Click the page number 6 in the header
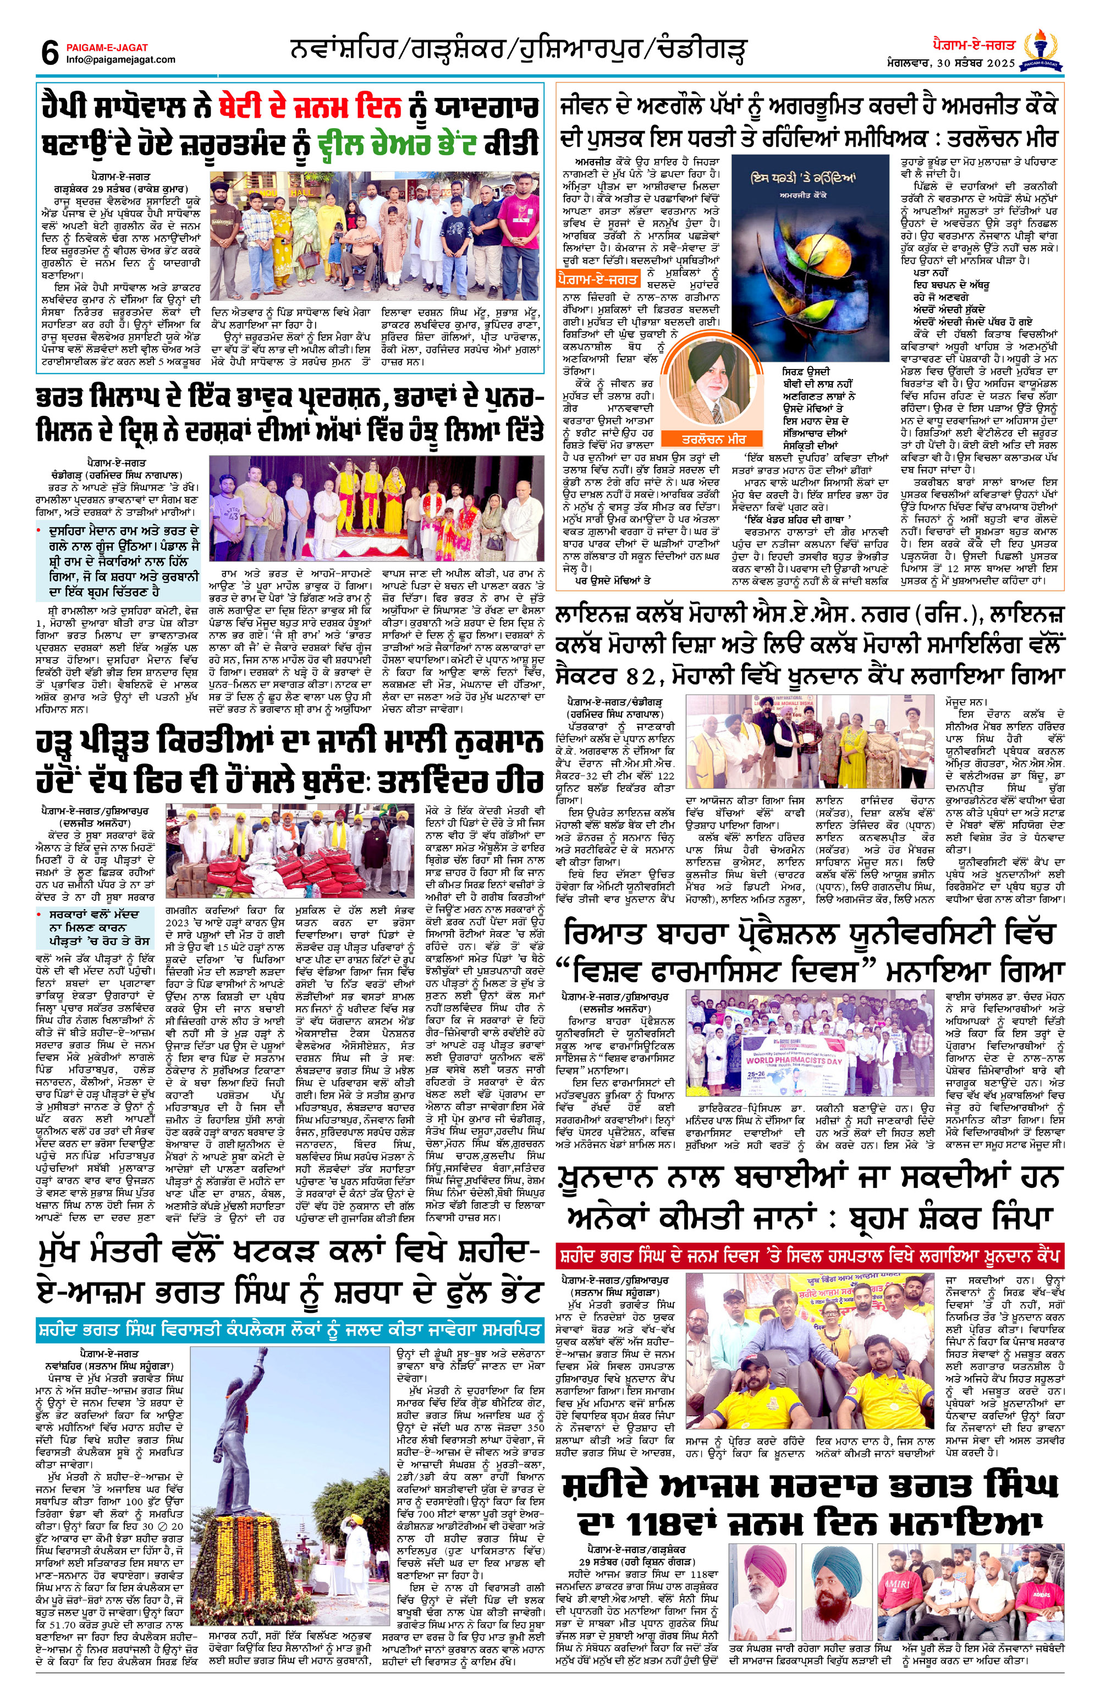pyautogui.click(x=50, y=53)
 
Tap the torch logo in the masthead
pyautogui.click(x=1043, y=50)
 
